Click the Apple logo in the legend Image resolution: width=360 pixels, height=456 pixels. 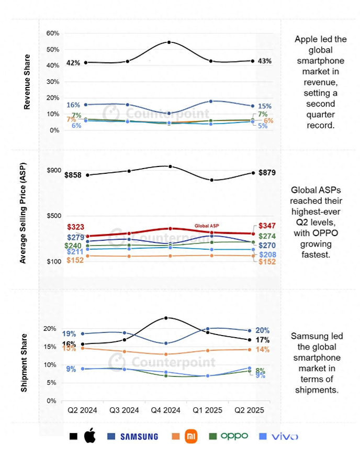pos(89,436)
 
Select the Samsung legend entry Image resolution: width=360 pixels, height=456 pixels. pos(139,436)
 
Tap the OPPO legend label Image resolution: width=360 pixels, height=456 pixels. pos(234,436)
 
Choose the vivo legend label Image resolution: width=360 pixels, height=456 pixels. pos(285,436)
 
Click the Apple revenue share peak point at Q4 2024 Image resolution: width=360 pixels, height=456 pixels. pos(168,42)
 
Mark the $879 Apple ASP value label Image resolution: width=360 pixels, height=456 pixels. pos(267,173)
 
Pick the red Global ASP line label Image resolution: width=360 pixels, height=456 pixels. pos(207,226)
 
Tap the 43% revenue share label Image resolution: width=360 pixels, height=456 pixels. pos(265,61)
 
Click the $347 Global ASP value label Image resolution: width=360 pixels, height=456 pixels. pos(267,226)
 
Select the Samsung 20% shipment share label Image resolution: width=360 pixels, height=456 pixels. pos(262,330)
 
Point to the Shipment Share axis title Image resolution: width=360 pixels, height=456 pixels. pos(24,363)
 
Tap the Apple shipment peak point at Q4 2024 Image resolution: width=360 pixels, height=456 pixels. pos(166,318)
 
